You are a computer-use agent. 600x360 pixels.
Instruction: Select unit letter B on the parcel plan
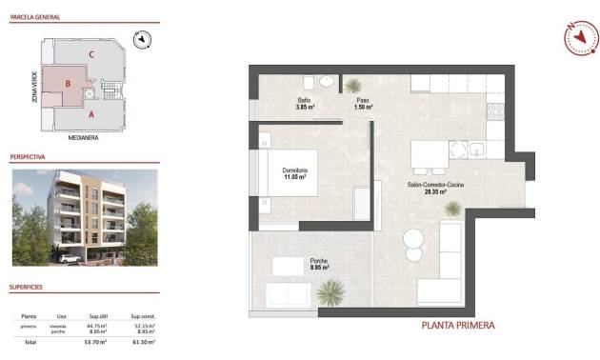tap(68, 84)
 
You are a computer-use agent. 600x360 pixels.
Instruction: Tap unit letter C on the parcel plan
tap(90, 54)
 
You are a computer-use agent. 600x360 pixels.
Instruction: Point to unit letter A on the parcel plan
tap(90, 114)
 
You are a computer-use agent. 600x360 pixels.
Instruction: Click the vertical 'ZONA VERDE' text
tap(34, 87)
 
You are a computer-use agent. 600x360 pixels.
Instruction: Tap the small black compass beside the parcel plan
tap(143, 39)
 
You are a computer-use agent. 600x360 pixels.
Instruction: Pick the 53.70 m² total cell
tap(96, 340)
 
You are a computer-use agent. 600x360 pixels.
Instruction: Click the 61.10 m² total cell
tap(144, 340)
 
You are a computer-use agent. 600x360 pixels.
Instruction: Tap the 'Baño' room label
tap(305, 100)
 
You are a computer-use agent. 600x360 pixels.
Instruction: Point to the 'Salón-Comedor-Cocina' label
tap(436, 186)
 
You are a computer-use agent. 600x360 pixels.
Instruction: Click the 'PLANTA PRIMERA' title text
tap(457, 325)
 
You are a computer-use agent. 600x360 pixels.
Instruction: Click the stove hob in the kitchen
tap(495, 112)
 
